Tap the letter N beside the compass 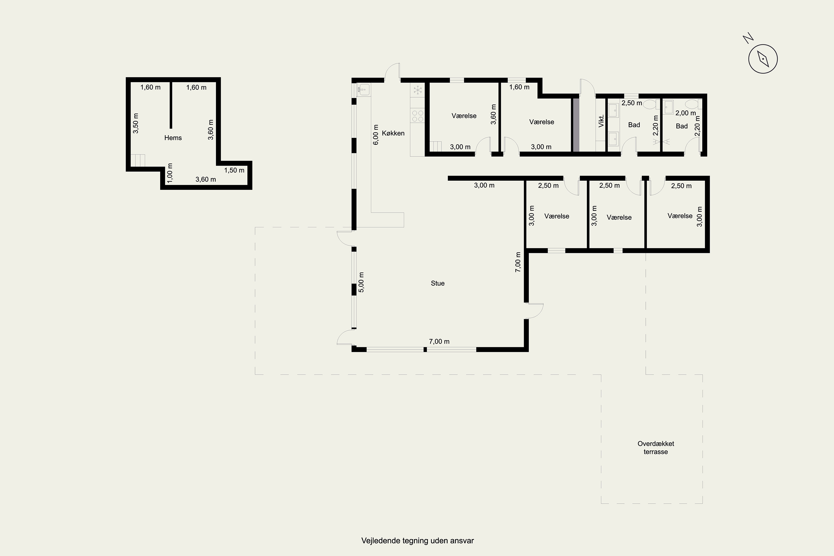(x=748, y=38)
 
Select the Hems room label (x=173, y=138)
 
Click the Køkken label (x=393, y=133)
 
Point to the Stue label (x=438, y=283)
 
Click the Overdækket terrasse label (x=656, y=448)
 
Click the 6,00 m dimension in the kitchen (x=376, y=135)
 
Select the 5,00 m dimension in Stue (x=361, y=282)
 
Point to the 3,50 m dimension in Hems (x=135, y=123)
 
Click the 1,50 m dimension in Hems (x=234, y=170)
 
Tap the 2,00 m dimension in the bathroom (x=686, y=113)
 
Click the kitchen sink (x=363, y=90)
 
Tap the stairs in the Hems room (x=138, y=160)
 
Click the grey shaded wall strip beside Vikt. (x=576, y=125)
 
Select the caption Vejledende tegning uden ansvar (x=417, y=541)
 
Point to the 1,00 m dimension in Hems (x=170, y=173)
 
